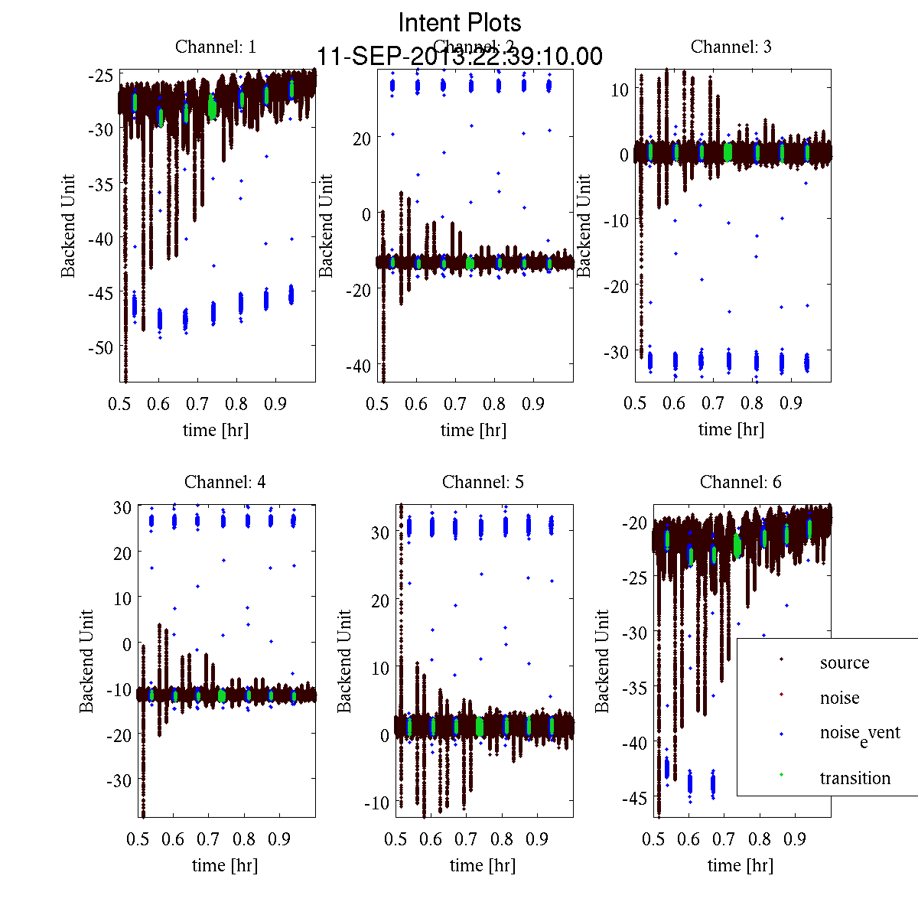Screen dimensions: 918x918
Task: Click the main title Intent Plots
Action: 460,22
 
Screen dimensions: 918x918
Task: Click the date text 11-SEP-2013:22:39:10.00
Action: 460,57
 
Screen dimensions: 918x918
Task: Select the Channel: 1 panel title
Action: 216,47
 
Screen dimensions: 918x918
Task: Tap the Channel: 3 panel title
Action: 731,47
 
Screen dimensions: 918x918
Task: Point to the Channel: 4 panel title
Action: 225,482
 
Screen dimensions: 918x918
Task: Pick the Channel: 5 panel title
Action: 483,482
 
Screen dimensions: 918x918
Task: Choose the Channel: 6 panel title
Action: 741,482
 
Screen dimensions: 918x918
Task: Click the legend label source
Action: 845,662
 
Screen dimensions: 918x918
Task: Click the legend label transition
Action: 855,778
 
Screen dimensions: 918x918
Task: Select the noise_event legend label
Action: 860,734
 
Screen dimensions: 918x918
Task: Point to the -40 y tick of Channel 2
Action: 357,366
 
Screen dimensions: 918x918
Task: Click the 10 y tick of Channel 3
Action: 620,89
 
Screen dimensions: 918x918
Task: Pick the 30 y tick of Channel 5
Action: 380,532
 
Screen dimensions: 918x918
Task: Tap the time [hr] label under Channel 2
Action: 474,430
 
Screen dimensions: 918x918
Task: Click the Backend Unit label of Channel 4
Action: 87,661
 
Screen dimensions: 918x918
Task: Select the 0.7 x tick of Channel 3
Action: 713,403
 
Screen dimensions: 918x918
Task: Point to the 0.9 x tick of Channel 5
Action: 537,838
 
